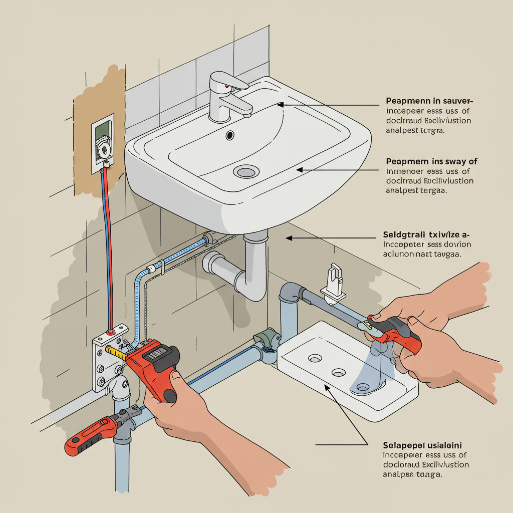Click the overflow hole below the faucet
(230, 135)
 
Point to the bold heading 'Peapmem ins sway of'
(431, 161)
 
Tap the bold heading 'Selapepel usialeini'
(422, 445)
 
